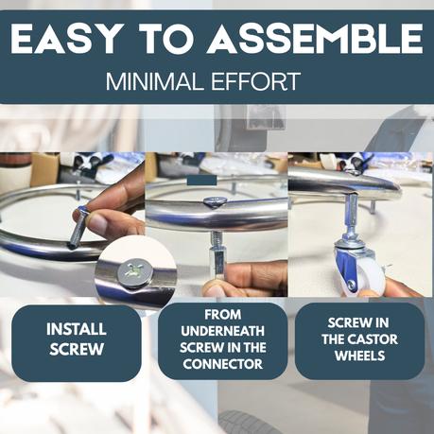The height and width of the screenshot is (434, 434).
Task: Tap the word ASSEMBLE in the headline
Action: [315, 39]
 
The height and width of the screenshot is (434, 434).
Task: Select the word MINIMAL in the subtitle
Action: [154, 81]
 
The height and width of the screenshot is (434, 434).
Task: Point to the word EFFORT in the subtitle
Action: [255, 81]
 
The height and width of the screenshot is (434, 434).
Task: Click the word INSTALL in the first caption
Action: [77, 329]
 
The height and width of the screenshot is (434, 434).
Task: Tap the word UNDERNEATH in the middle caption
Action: [222, 331]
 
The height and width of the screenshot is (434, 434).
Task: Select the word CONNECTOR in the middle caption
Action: [222, 364]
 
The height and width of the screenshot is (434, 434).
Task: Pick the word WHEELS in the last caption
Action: [359, 356]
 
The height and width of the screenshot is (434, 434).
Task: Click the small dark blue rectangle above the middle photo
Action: [201, 180]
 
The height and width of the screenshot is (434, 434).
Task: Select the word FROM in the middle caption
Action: [222, 314]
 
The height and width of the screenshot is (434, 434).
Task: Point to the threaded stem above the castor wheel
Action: [354, 216]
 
